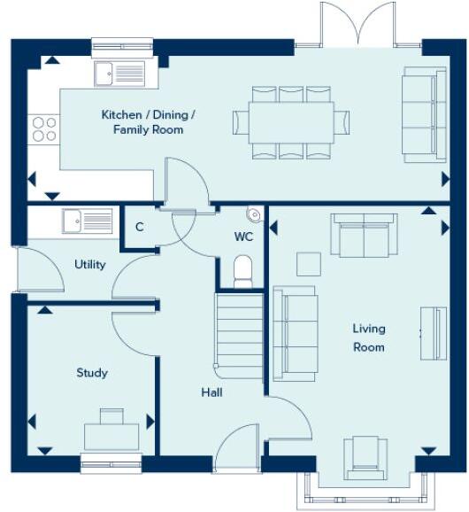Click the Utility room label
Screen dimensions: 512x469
(x=90, y=264)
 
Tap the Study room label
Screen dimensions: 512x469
(x=91, y=373)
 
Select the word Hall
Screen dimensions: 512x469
(x=211, y=392)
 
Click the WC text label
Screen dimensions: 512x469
(x=244, y=237)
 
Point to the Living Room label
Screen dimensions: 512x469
(x=369, y=337)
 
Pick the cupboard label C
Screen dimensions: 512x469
(x=139, y=227)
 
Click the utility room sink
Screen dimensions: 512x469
(x=88, y=220)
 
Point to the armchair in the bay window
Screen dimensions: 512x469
(x=365, y=456)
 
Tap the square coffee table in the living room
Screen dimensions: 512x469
(x=308, y=264)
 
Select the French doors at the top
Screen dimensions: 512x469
(x=358, y=25)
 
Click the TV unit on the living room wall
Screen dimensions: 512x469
(x=433, y=333)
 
